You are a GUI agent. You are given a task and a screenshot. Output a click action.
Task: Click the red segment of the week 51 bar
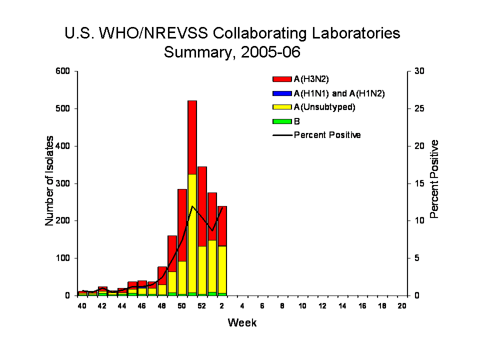click(x=192, y=137)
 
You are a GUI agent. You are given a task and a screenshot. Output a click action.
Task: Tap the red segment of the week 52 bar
click(x=202, y=206)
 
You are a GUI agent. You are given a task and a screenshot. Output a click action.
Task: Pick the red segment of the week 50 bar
click(x=182, y=225)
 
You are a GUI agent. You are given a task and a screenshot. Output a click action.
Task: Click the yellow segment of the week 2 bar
click(x=222, y=269)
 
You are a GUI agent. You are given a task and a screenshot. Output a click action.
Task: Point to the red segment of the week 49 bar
click(x=172, y=254)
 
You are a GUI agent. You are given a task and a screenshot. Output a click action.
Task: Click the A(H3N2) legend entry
click(x=300, y=79)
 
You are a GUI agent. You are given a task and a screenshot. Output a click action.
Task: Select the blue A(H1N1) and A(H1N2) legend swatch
click(x=282, y=93)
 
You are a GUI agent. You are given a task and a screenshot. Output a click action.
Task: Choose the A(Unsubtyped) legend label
click(x=324, y=107)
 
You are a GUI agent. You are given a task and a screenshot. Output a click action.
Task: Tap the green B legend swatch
click(x=282, y=121)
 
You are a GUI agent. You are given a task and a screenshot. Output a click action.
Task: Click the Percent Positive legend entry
click(x=316, y=135)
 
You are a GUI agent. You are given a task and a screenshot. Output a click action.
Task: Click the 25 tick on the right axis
click(x=419, y=108)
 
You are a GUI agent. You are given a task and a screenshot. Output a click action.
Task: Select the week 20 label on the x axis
click(x=402, y=306)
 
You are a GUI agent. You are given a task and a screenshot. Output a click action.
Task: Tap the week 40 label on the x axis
click(x=81, y=306)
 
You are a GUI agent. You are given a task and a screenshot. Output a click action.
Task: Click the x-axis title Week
click(x=242, y=322)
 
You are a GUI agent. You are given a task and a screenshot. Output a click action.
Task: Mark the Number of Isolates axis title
click(x=49, y=181)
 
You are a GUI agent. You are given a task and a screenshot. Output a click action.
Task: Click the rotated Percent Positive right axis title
click(x=434, y=179)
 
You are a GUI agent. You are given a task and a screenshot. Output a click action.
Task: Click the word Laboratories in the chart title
click(x=356, y=33)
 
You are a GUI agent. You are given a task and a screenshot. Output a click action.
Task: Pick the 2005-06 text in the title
click(x=270, y=52)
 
